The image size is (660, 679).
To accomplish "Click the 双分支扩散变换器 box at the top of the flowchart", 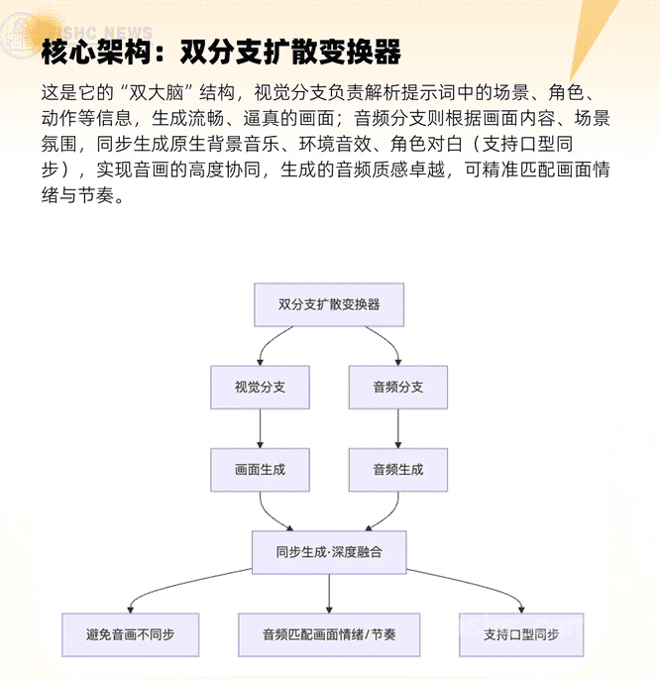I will [329, 304].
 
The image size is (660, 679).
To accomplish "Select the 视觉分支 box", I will [260, 387].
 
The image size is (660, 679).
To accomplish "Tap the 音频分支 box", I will [398, 387].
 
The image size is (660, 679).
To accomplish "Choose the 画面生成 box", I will [260, 470].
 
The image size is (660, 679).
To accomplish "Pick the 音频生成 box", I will [398, 470].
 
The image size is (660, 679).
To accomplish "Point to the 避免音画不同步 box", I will [130, 634].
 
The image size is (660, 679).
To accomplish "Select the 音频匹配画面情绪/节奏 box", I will [329, 634].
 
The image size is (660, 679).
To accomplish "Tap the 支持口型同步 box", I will [521, 634].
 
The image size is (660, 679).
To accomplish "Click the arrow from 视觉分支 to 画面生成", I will [260, 428].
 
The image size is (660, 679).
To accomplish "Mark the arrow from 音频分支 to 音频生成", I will [398, 428].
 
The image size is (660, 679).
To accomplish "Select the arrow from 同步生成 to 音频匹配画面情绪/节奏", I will [329, 593].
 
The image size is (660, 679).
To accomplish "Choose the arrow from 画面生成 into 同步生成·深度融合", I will [273, 515].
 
